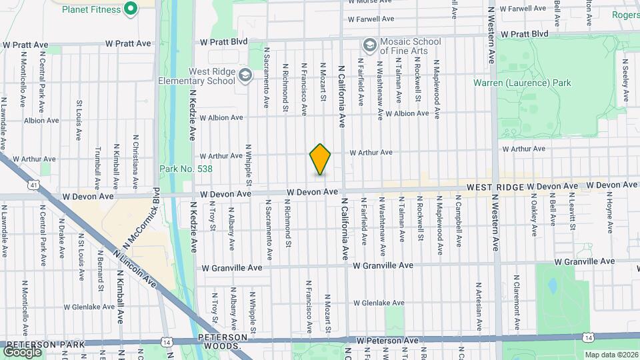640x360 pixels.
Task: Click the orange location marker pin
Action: tap(321, 159)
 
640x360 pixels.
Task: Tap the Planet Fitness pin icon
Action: tap(131, 9)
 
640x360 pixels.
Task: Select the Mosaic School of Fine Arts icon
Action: tap(369, 45)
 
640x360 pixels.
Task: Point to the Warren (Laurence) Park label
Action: tap(522, 83)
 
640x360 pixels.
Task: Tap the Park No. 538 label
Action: tap(186, 169)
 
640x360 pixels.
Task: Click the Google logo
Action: tap(22, 351)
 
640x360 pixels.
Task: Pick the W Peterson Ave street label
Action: tap(389, 341)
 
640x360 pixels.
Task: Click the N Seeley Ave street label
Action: tap(626, 81)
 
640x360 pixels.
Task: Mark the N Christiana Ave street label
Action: tap(135, 163)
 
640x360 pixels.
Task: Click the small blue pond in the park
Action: tap(552, 286)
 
